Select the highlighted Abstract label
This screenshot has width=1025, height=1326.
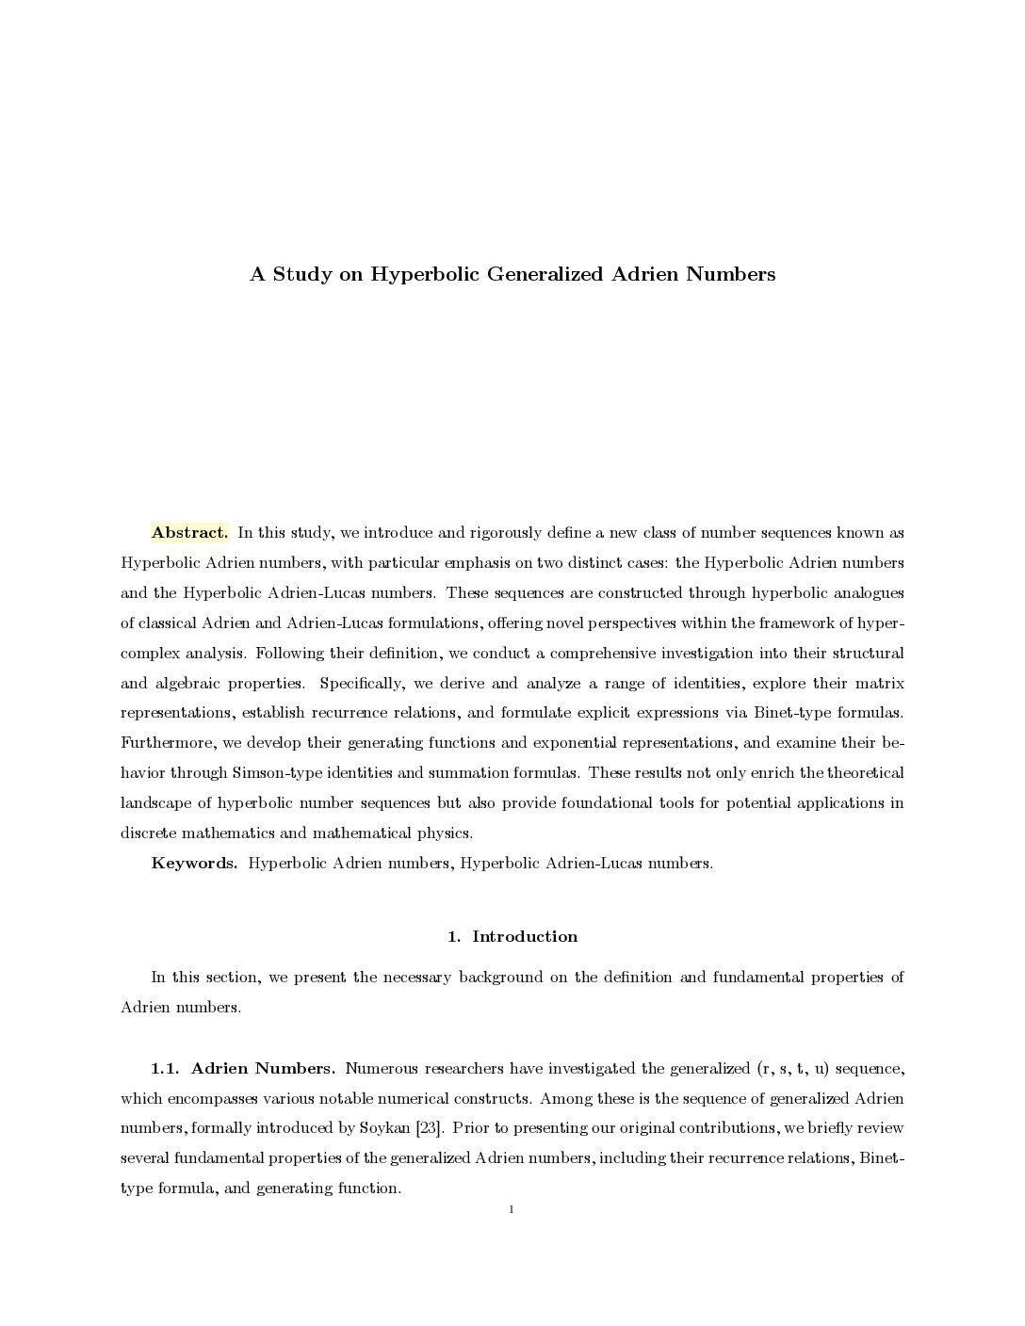coord(189,533)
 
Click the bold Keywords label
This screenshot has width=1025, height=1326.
coord(194,864)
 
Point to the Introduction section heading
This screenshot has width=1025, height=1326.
coord(524,936)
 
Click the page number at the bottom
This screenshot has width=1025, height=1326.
coord(511,1209)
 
